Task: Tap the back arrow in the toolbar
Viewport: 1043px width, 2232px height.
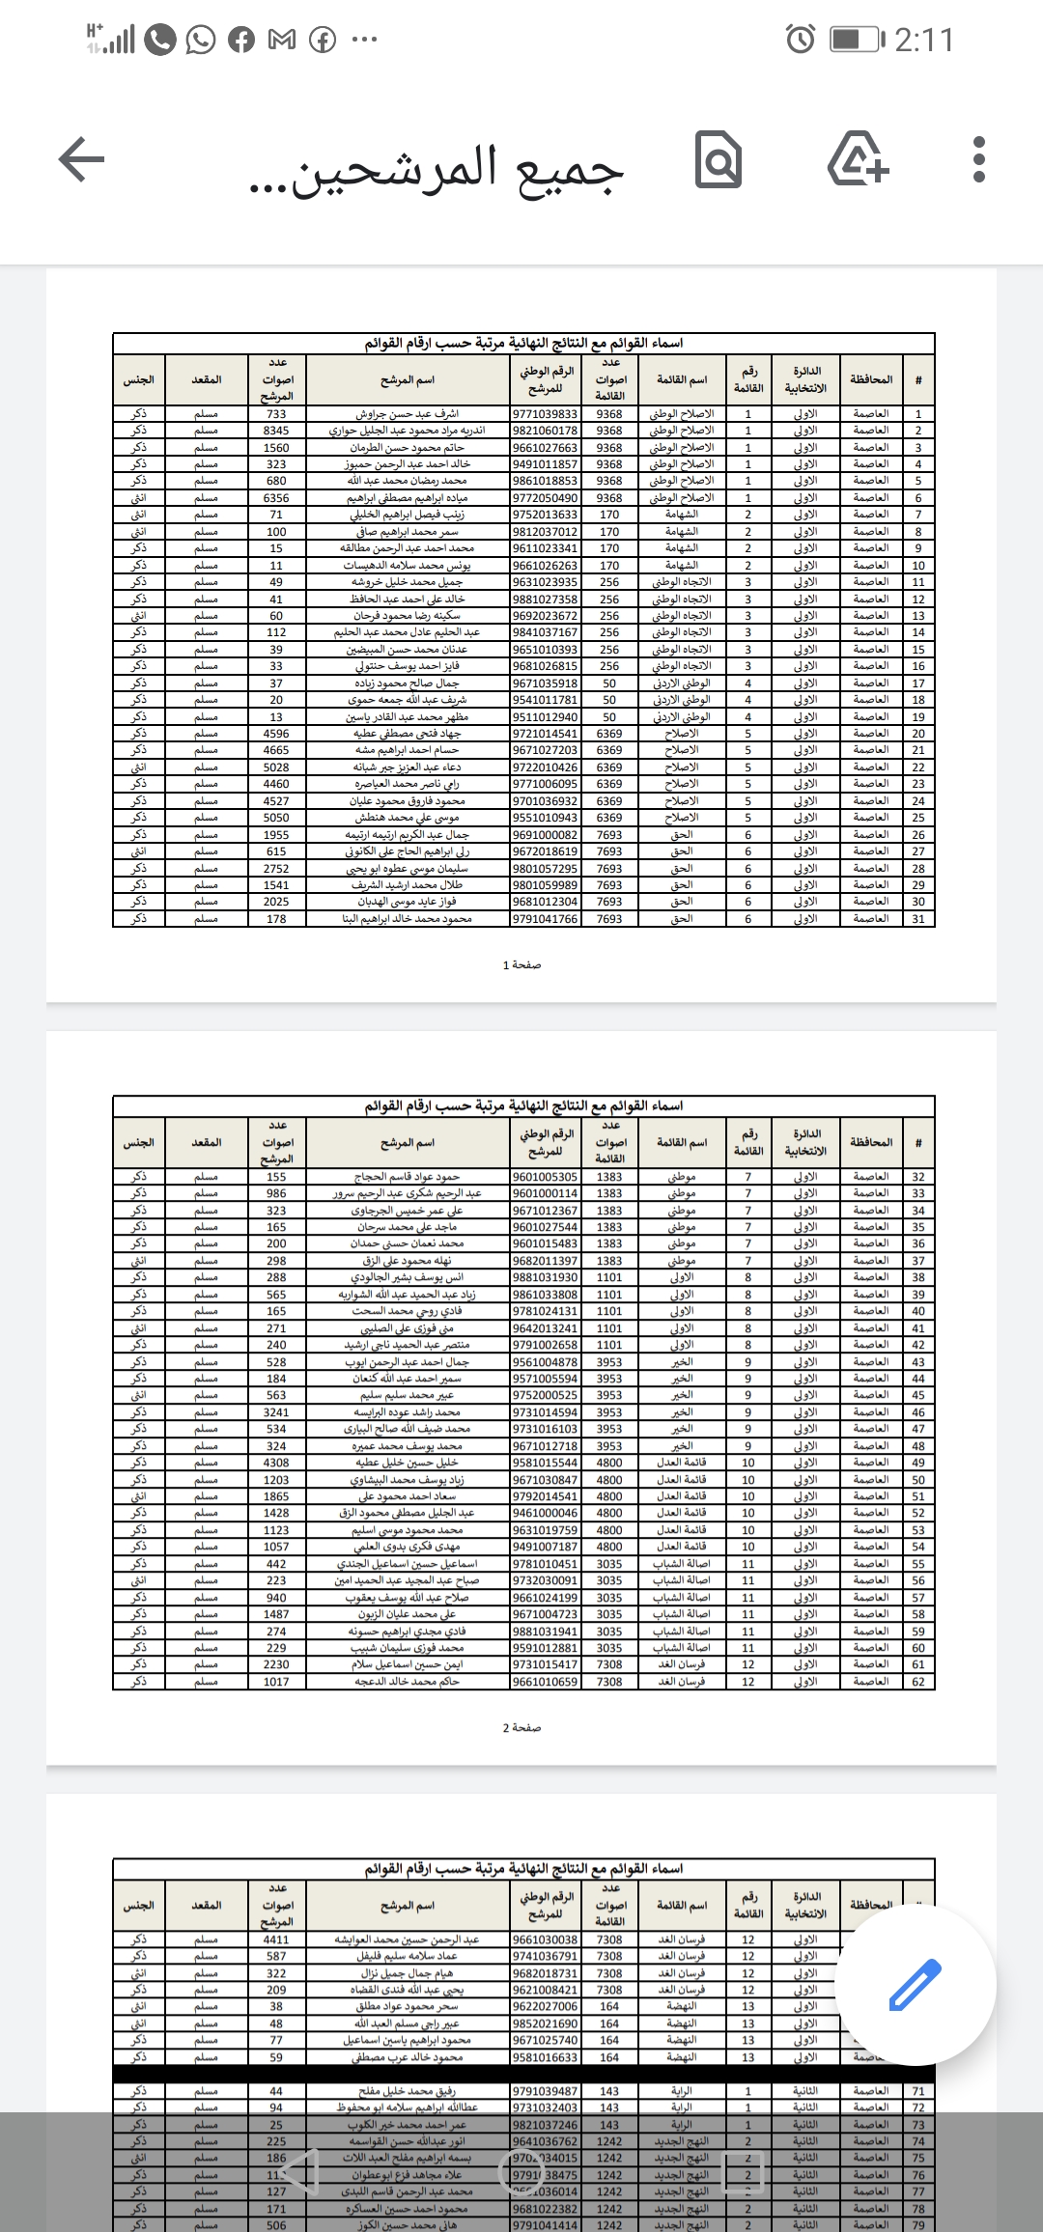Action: coord(82,159)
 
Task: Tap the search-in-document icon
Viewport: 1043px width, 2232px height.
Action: coord(719,161)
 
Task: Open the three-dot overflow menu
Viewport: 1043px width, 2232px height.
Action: coord(979,160)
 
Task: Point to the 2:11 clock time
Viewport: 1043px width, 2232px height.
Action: coord(923,40)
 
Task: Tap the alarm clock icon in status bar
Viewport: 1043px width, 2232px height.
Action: coord(801,40)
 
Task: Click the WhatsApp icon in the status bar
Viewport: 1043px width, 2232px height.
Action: coord(201,40)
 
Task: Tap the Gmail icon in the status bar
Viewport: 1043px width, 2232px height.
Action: coord(281,40)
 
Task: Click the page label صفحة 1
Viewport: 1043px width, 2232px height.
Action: coord(521,964)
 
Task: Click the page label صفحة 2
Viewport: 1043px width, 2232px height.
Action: coord(521,1727)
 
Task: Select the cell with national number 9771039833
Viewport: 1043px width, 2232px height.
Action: coord(546,414)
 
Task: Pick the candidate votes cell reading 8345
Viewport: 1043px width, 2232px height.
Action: coord(276,431)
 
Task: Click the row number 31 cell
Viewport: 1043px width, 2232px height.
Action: coord(918,919)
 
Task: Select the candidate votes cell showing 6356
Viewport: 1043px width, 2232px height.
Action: coord(276,498)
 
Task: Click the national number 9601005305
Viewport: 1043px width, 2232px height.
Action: coord(546,1177)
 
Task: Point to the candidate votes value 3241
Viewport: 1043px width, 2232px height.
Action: coord(276,1412)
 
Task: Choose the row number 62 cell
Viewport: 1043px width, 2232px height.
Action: coord(918,1682)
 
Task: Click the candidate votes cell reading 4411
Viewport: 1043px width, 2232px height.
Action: coord(276,1939)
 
